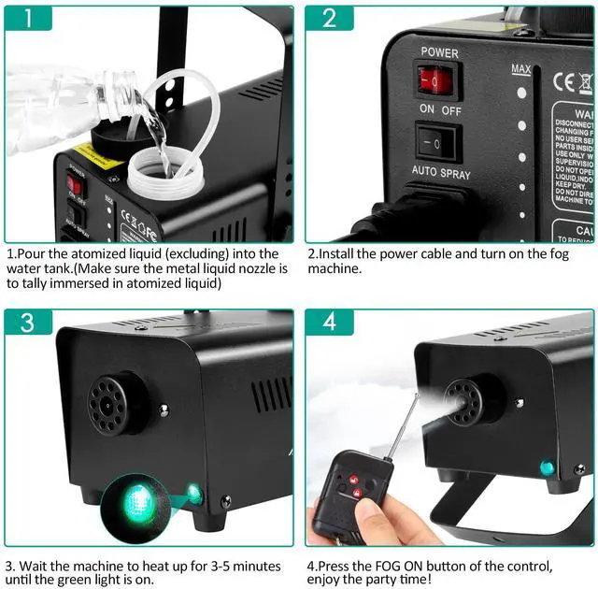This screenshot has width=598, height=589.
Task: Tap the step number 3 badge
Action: pyautogui.click(x=29, y=323)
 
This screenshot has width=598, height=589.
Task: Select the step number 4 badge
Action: pyautogui.click(x=329, y=323)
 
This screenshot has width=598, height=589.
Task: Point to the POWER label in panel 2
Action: pyautogui.click(x=439, y=52)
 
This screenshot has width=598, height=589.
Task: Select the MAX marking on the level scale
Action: pyautogui.click(x=521, y=69)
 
